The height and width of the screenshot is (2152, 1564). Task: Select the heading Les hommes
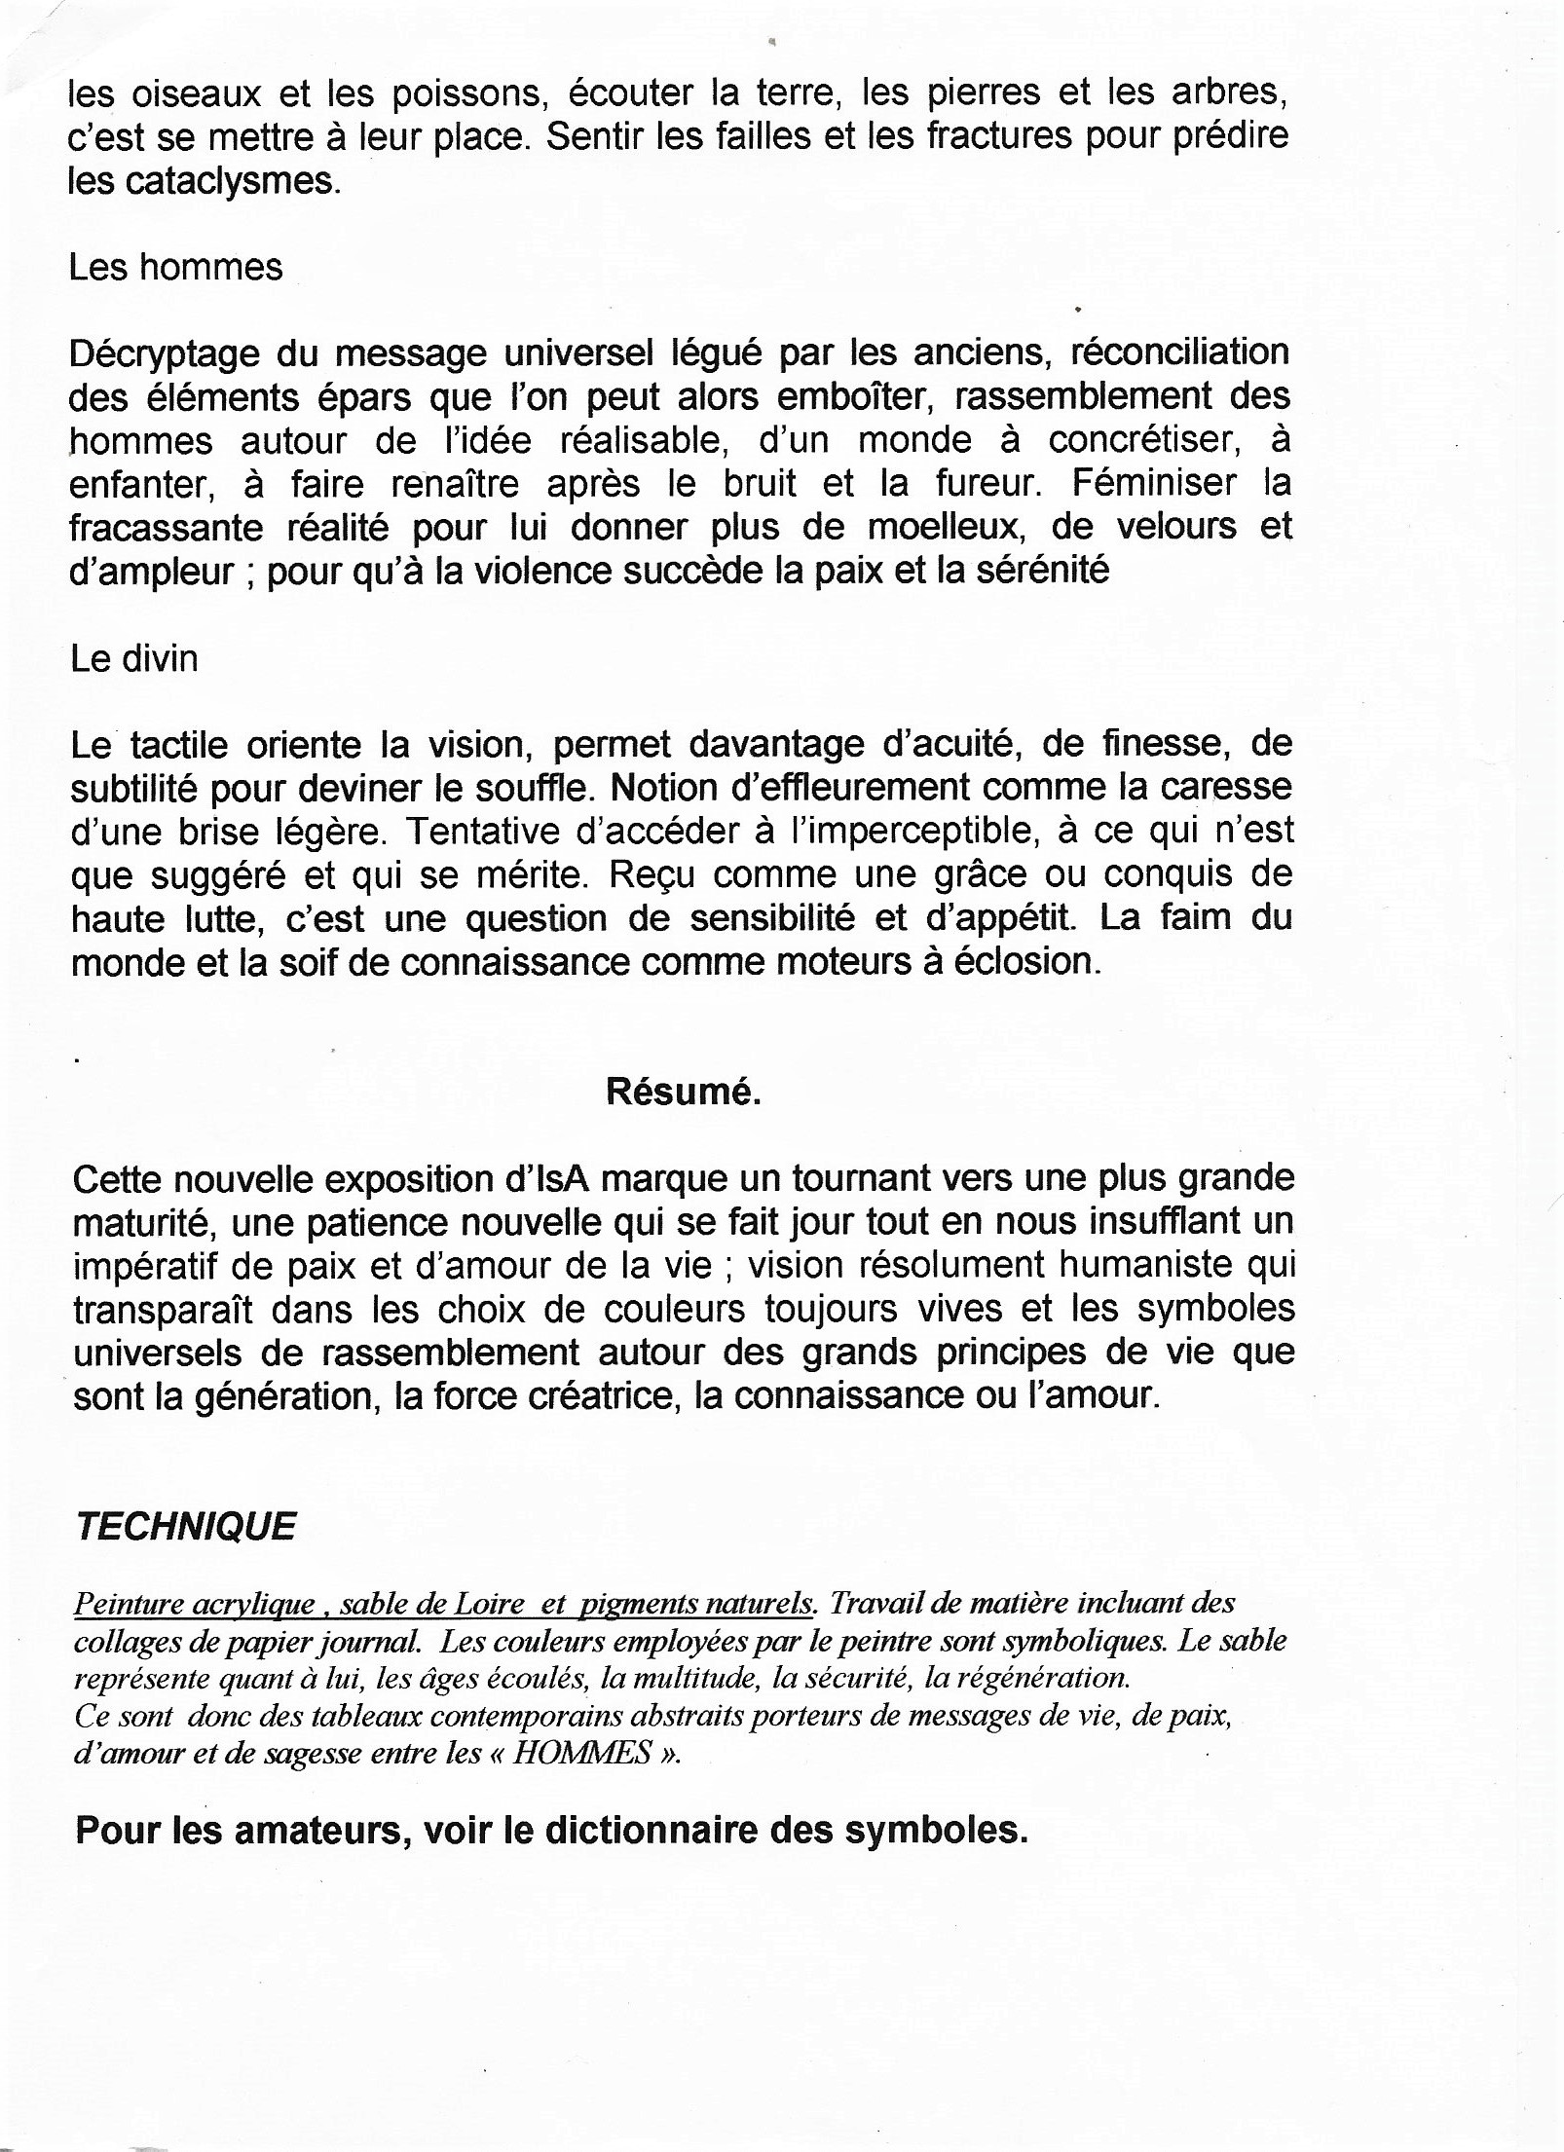click(175, 267)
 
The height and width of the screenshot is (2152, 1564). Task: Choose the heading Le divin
click(133, 659)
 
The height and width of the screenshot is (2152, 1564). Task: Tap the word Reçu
click(648, 875)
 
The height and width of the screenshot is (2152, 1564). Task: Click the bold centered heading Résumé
click(683, 1092)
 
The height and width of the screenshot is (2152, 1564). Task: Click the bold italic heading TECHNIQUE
click(185, 1527)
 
